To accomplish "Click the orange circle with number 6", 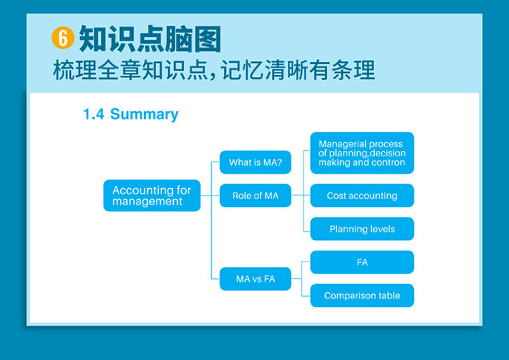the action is click(x=62, y=37).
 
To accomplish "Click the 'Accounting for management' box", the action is click(x=152, y=196).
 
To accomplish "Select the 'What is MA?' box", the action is click(x=255, y=162).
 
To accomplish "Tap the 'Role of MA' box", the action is click(x=255, y=196).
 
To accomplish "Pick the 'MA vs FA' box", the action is click(x=255, y=278).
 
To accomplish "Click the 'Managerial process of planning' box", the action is click(x=362, y=153).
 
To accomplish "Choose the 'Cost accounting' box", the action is click(x=362, y=196).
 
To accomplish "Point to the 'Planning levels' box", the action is click(x=362, y=229).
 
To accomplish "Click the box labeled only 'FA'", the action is click(x=362, y=262).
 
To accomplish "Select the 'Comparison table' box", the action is click(x=362, y=295).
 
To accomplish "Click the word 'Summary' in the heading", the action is click(x=145, y=115).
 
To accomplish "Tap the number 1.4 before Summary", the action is click(x=94, y=114).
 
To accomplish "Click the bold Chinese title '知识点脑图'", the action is click(x=150, y=39).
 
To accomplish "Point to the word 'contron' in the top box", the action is click(x=390, y=162).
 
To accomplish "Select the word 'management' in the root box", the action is click(x=147, y=202).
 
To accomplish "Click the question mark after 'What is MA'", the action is click(x=280, y=162).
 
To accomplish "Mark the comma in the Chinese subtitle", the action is click(x=213, y=76).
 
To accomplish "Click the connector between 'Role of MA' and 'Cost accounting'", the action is click(x=301, y=196).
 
